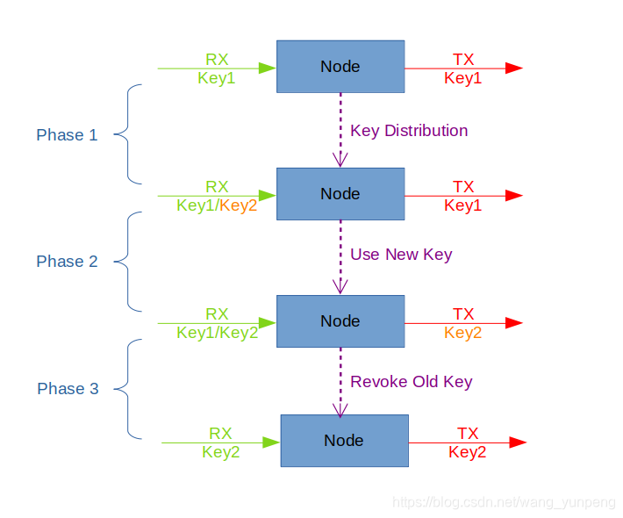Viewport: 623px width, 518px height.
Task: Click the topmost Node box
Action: (x=340, y=67)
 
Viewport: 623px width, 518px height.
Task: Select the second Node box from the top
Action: (x=340, y=194)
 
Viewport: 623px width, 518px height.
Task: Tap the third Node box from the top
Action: (x=340, y=321)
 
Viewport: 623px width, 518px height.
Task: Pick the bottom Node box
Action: (x=344, y=441)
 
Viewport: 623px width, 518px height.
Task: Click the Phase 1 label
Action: (x=67, y=135)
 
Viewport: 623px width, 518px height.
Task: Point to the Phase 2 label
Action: (x=67, y=262)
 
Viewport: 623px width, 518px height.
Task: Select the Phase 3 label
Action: (x=68, y=389)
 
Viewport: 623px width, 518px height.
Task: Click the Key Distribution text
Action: (x=409, y=131)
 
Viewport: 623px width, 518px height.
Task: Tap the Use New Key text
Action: (x=401, y=255)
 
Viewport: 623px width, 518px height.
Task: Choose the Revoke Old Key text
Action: (x=411, y=382)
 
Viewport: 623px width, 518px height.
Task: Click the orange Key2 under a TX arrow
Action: (x=463, y=333)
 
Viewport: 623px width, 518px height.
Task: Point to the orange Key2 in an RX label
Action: (x=239, y=205)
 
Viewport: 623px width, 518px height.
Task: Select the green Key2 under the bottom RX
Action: (x=221, y=452)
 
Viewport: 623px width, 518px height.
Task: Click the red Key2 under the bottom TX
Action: (x=467, y=452)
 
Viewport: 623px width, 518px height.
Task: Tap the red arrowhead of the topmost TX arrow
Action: (x=514, y=68)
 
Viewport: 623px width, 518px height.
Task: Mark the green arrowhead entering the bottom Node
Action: (x=271, y=442)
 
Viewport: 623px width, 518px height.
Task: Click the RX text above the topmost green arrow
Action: (x=217, y=59)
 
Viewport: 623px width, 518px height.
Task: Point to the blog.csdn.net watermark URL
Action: (x=504, y=502)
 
